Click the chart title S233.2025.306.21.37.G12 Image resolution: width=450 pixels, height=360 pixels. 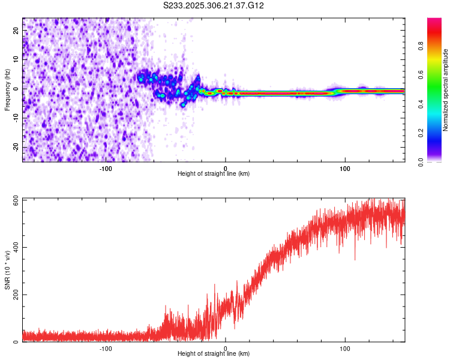pos(214,5)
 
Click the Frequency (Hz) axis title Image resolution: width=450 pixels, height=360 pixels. pos(7,90)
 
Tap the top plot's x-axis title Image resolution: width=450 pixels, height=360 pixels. pos(214,174)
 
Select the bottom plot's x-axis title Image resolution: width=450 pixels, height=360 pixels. pos(214,354)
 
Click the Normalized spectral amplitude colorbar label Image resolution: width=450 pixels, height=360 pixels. pos(446,90)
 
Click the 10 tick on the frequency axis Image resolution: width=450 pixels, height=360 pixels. pos(16,59)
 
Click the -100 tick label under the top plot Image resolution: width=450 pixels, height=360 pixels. pos(106,168)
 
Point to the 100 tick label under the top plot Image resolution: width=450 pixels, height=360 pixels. pos(345,168)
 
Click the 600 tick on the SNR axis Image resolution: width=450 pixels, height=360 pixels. pos(16,199)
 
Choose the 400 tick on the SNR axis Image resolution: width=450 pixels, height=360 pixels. pos(16,247)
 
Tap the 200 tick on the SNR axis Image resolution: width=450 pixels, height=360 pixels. pos(16,295)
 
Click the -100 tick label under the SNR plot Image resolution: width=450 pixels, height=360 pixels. pos(106,348)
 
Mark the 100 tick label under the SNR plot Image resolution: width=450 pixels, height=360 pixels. pos(345,348)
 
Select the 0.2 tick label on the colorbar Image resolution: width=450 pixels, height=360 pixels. pos(421,133)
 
